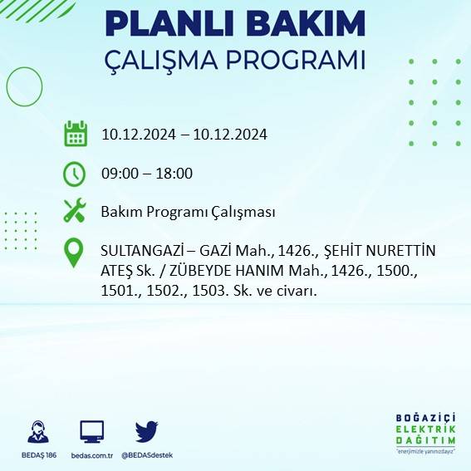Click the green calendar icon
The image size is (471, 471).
[x=76, y=134]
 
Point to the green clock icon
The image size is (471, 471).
[x=75, y=174]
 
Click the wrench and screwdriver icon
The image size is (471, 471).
[x=75, y=211]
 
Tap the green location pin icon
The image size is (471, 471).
[x=75, y=253]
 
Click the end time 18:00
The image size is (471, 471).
[x=174, y=174]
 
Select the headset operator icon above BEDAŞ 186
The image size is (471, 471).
[x=37, y=432]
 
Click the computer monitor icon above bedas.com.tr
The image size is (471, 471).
[x=92, y=432]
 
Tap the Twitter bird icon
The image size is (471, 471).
[x=147, y=432]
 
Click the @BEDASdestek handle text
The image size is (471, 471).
[x=147, y=455]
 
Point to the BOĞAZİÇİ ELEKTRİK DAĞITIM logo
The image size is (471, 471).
[x=427, y=433]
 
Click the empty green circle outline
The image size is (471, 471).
[x=24, y=85]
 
